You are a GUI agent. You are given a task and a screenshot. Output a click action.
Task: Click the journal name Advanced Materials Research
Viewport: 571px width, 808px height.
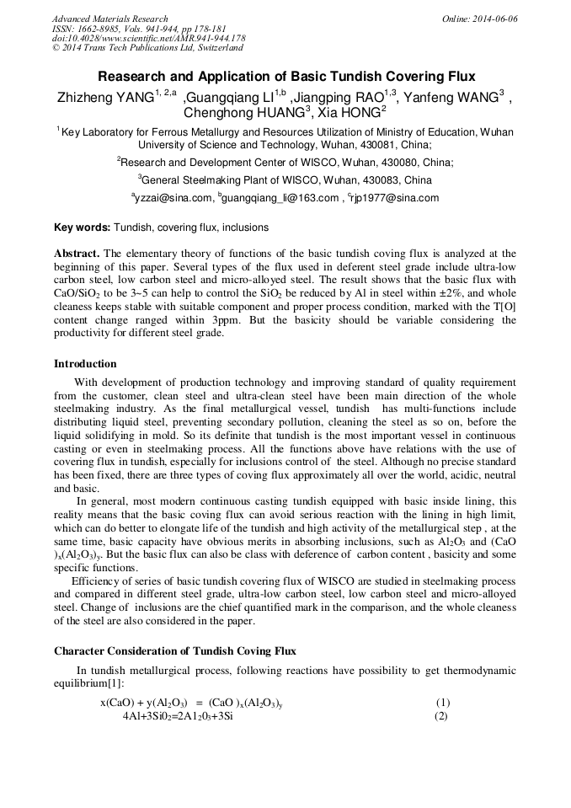point(109,19)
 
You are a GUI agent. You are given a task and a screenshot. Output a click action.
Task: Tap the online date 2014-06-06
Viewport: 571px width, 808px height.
point(492,19)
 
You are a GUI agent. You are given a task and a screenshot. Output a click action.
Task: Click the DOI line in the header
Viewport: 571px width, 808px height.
point(148,38)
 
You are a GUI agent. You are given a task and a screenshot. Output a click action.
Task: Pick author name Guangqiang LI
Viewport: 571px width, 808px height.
point(234,98)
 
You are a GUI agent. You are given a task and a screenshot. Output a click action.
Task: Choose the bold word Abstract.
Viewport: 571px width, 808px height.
point(77,254)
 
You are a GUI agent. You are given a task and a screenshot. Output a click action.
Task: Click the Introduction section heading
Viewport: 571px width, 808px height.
point(85,364)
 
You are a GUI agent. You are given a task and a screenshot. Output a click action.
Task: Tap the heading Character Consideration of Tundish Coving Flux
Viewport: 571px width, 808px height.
point(174,651)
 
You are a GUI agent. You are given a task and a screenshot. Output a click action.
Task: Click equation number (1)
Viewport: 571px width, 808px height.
point(443,703)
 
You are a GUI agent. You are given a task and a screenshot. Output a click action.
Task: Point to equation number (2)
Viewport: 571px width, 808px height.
point(440,716)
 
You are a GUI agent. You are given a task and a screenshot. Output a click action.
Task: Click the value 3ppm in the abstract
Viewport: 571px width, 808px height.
point(253,321)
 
